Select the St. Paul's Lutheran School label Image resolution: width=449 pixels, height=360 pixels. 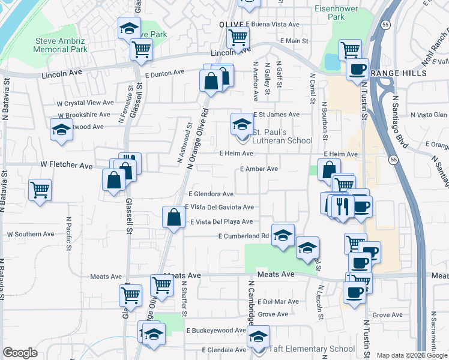pyautogui.click(x=282, y=136)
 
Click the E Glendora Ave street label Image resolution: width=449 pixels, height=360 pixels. pyautogui.click(x=211, y=194)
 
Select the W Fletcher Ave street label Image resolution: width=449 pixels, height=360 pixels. pyautogui.click(x=67, y=164)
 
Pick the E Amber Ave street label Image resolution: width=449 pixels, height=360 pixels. pyautogui.click(x=259, y=169)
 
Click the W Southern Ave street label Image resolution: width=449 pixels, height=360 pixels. pyautogui.click(x=32, y=234)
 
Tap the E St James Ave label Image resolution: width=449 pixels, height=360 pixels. pyautogui.click(x=276, y=114)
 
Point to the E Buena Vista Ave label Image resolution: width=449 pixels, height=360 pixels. pyautogui.click(x=273, y=25)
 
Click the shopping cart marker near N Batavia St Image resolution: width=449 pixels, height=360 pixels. pyautogui.click(x=40, y=190)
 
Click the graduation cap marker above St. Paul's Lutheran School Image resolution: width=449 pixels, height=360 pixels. pyautogui.click(x=242, y=125)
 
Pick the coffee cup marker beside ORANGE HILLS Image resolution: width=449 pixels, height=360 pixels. pyautogui.click(x=358, y=68)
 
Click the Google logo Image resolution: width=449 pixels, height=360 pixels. pyautogui.click(x=20, y=353)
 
